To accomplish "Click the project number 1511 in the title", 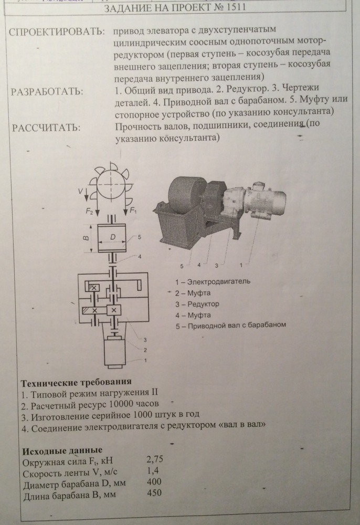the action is [236, 7].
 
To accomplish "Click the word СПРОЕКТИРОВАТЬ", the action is [57, 32].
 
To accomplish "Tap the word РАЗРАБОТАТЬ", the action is [47, 91].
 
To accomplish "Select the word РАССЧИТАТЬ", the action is [46, 128].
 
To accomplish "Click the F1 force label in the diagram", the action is [133, 211].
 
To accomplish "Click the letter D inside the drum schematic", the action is [113, 237].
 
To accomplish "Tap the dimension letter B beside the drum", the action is [86, 238].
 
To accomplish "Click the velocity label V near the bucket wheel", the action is [80, 191].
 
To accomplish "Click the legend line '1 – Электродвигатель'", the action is [213, 281].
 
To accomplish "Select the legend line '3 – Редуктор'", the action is [197, 304].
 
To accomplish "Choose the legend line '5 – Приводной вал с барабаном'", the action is [231, 325].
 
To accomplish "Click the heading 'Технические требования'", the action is [76, 382].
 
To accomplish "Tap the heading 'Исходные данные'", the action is [62, 450].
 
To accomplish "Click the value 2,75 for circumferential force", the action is [155, 459].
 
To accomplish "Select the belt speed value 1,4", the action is [153, 470].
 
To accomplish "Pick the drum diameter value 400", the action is [154, 481].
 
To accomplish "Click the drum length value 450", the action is [154, 492].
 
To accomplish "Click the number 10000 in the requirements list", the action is [121, 404].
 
